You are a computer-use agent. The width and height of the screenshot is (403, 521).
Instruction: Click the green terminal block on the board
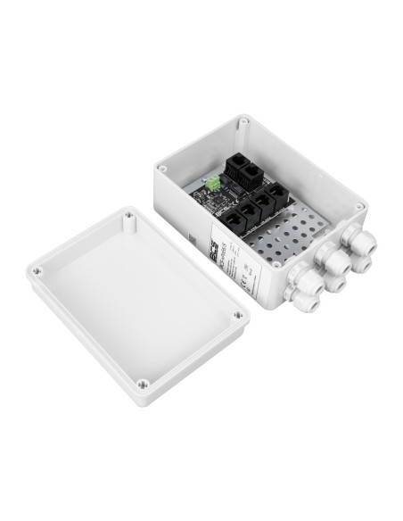tap(214, 183)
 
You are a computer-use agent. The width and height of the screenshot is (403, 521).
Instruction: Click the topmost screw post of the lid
tap(130, 216)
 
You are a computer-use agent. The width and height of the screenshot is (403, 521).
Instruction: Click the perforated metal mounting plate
tap(285, 236)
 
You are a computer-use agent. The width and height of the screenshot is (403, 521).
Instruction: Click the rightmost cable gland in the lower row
tap(361, 261)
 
